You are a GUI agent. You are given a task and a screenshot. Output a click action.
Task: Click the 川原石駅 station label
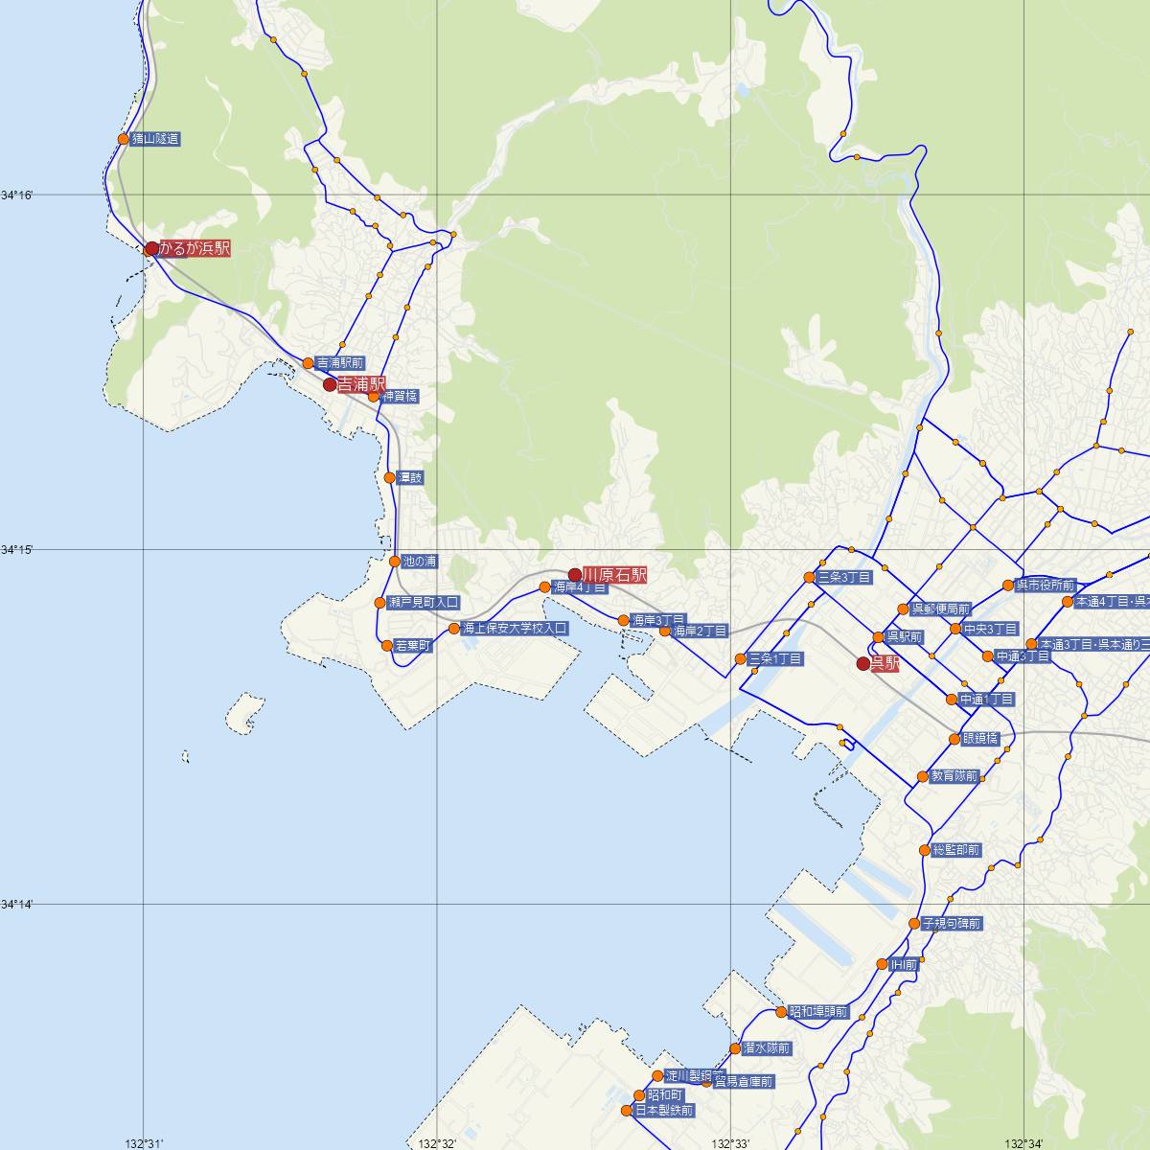[614, 575]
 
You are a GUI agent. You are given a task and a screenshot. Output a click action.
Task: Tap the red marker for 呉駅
[862, 663]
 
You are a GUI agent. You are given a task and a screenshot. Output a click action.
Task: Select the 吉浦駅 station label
[360, 384]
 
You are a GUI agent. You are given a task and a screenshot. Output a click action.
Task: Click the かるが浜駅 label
[195, 248]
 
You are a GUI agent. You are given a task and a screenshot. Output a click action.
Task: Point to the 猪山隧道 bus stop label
[155, 139]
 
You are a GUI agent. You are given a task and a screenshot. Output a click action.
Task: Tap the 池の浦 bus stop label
[420, 561]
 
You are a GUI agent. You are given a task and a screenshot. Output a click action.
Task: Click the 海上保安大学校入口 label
[515, 629]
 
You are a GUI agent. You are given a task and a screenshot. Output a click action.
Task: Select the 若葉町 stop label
[412, 646]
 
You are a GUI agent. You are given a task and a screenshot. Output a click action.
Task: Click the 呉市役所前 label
[1046, 586]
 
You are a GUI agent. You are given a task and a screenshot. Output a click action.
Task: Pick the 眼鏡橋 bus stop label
[980, 739]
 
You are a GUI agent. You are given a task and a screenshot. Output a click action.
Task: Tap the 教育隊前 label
[954, 776]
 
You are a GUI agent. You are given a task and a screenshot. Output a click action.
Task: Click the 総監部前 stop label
[955, 850]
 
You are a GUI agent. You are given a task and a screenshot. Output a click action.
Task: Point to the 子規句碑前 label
[951, 924]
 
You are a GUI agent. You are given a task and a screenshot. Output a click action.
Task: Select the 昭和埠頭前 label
[816, 1012]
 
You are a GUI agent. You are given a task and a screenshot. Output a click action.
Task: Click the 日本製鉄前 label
[662, 1111]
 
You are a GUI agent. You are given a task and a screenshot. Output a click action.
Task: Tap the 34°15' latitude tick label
[17, 549]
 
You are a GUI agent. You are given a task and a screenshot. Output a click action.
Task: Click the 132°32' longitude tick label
[435, 1142]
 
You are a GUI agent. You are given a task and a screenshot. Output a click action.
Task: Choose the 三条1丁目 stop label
[775, 658]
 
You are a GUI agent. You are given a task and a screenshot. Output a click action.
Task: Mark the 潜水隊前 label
[766, 1048]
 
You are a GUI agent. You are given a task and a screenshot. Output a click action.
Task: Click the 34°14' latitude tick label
[17, 904]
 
